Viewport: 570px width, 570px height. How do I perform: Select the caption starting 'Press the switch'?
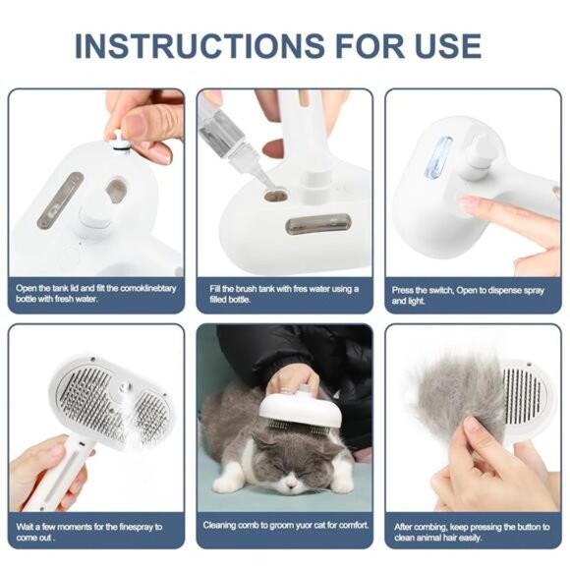click(463, 294)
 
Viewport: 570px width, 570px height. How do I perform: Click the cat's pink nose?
click(295, 470)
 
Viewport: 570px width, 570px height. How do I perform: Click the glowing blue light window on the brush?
click(438, 157)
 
